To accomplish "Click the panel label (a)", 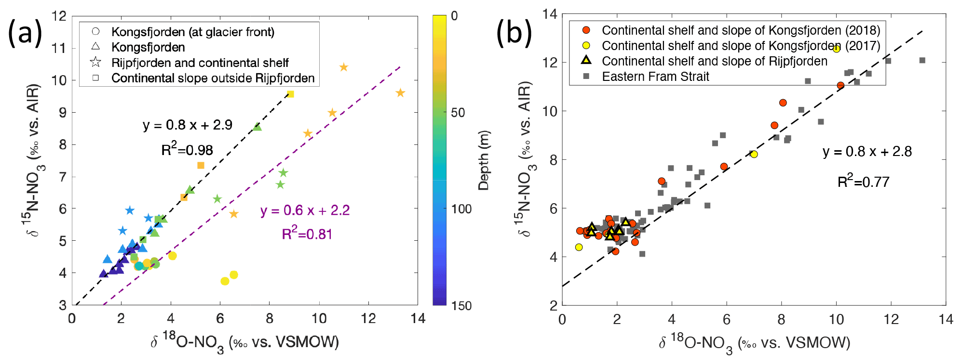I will point(25,34).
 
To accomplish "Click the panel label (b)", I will point(515,33).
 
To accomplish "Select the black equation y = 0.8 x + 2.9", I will point(188,125).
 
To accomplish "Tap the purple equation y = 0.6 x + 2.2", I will point(305,210).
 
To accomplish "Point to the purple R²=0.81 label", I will point(307,234).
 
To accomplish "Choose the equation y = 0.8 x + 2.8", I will point(867,152).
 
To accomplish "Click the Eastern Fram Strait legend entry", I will point(655,77).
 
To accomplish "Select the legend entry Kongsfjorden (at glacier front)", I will point(192,32).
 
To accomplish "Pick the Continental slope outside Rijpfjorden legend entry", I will point(213,78).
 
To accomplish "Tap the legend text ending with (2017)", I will point(741,46).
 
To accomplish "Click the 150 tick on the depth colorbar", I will point(461,306).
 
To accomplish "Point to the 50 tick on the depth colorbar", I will point(458,113).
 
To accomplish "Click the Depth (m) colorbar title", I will point(484,160).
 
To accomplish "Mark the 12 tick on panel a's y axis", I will point(59,16).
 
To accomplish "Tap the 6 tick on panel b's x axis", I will point(726,320).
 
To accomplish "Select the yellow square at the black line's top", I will point(290,94).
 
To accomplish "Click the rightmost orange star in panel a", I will point(400,93).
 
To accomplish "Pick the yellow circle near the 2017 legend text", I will point(836,49).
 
